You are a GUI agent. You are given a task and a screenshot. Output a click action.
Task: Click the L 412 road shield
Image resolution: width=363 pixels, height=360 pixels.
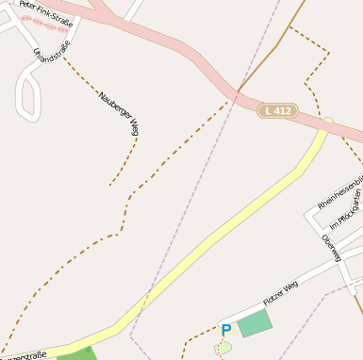pyautogui.click(x=279, y=111)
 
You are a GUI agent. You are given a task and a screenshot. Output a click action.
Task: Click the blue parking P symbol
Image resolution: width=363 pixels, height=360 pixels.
pyautogui.click(x=225, y=330)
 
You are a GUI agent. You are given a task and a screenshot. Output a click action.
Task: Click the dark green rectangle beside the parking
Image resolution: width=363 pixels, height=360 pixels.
pyautogui.click(x=254, y=324)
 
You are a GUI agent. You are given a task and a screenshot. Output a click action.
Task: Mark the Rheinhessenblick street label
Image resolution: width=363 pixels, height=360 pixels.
pyautogui.click(x=339, y=192)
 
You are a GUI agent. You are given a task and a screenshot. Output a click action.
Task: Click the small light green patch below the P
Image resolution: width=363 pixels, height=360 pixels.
pyautogui.click(x=223, y=347)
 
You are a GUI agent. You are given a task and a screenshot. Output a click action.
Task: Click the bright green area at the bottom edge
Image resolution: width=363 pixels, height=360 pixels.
pyautogui.click(x=75, y=354)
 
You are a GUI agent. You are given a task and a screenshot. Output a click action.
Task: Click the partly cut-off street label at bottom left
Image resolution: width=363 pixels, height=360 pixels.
pyautogui.click(x=23, y=355)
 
